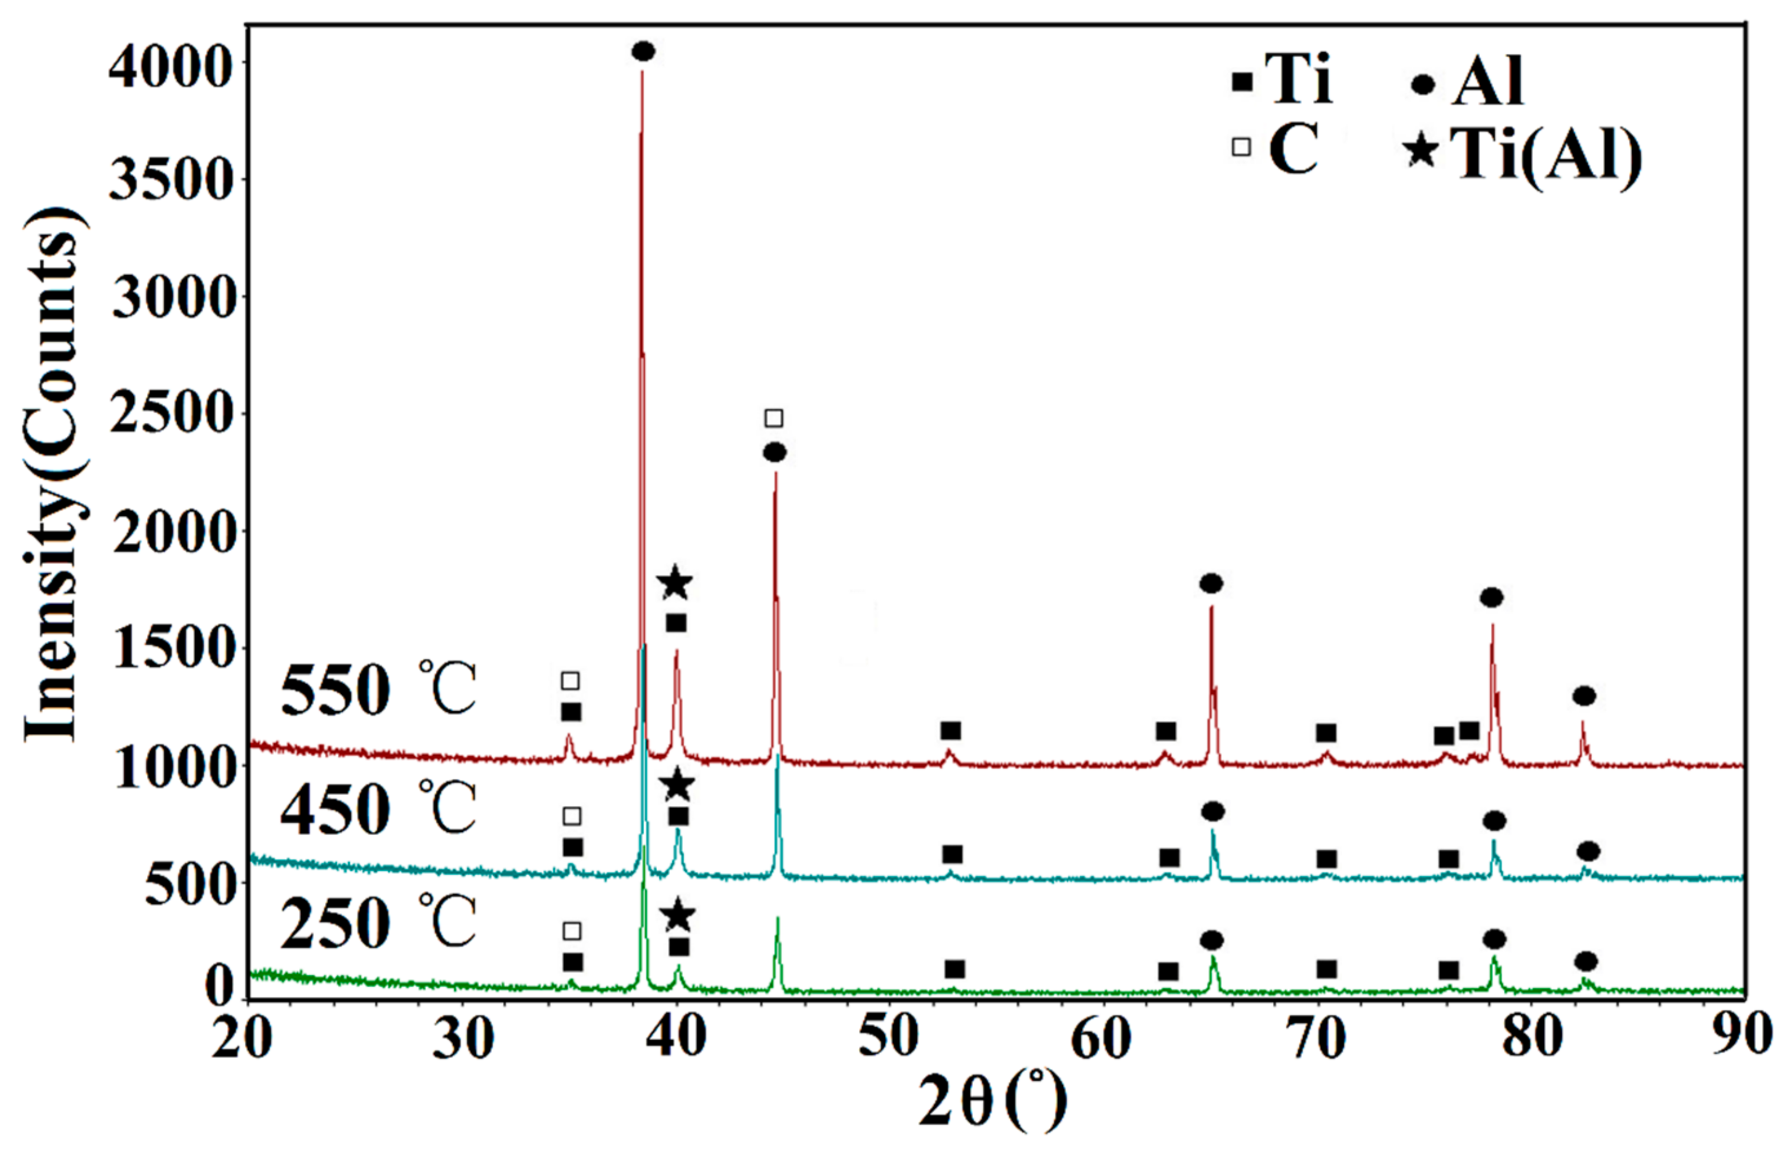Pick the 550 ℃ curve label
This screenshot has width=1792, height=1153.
tap(378, 689)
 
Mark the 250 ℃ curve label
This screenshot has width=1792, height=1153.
tap(378, 923)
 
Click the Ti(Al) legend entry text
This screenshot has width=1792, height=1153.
tap(1546, 155)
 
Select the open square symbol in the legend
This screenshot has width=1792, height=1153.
tap(1241, 147)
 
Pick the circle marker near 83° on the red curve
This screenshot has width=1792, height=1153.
tap(1584, 696)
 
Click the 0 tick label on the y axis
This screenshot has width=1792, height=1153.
tap(219, 987)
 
